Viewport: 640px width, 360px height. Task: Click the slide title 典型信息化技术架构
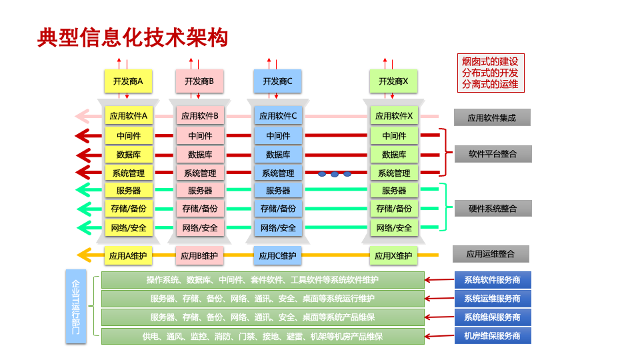(133, 38)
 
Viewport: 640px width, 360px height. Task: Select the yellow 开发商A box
(129, 81)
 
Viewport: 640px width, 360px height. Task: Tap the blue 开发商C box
(277, 81)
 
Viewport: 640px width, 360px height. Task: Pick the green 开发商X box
(393, 81)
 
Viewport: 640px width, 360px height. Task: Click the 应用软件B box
(200, 116)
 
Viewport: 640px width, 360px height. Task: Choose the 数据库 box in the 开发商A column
(129, 155)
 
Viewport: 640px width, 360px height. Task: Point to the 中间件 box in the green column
(394, 136)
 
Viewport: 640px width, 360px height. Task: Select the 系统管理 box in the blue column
(278, 173)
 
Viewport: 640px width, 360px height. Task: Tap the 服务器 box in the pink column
(200, 191)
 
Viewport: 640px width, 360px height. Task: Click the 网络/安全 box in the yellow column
(129, 228)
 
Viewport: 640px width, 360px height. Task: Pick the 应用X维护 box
(393, 255)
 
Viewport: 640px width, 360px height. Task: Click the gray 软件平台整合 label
(493, 154)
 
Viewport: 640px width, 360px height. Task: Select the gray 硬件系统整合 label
(493, 209)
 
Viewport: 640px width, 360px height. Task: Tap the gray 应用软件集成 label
(492, 118)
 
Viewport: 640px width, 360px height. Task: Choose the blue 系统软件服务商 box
(493, 280)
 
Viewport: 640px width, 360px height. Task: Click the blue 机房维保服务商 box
(493, 336)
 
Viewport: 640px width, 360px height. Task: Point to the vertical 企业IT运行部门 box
(76, 307)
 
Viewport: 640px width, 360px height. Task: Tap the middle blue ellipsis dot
(335, 174)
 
